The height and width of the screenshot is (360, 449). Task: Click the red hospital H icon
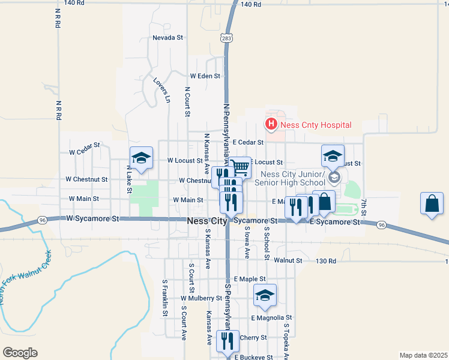271,125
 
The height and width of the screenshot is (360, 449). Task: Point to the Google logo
20,353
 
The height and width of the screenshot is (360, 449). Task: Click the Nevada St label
167,37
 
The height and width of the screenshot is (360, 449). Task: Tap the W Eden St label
205,76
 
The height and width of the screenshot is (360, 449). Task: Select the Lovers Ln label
162,90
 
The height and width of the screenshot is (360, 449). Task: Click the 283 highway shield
226,38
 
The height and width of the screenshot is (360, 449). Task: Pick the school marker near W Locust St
141,158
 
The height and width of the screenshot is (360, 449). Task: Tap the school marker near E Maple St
265,295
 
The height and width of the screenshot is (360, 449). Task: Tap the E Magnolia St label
271,317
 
